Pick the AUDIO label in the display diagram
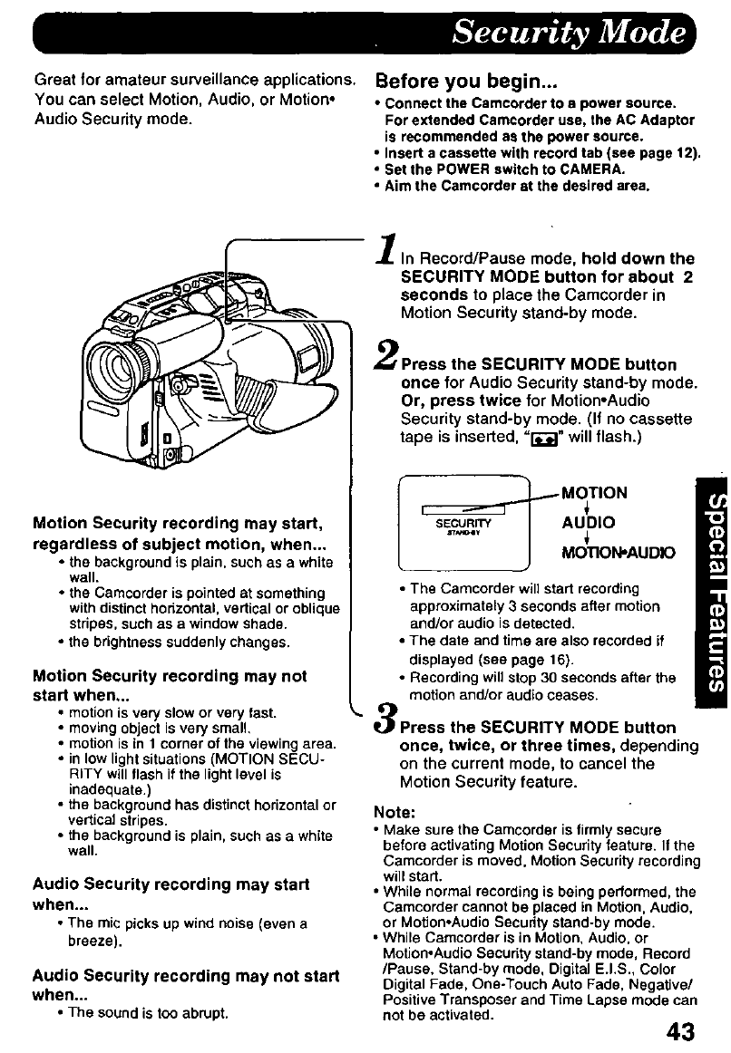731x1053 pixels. click(x=589, y=523)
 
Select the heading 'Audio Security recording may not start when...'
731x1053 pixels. click(x=185, y=985)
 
